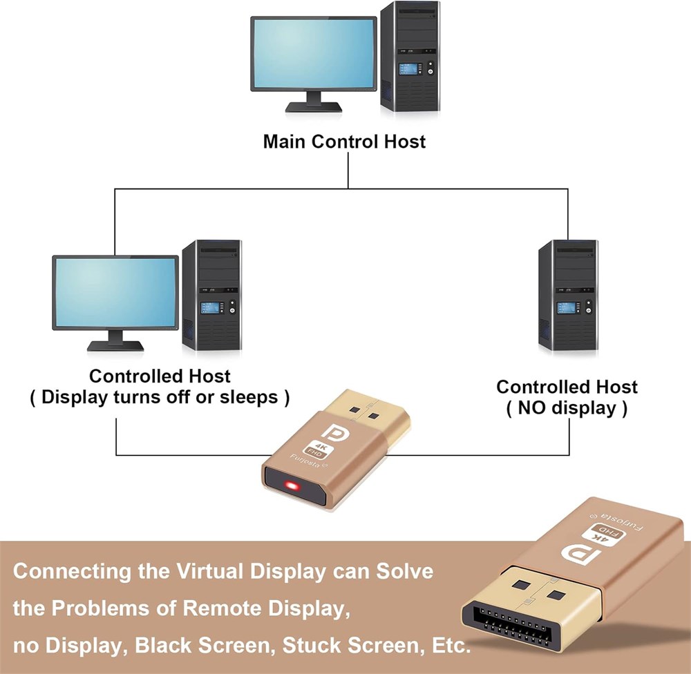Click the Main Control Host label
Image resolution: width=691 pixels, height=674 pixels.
[344, 142]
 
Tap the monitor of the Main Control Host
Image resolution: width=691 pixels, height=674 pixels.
[313, 54]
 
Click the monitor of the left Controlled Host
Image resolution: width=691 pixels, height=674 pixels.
[115, 291]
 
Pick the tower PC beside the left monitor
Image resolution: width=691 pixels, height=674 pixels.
[211, 295]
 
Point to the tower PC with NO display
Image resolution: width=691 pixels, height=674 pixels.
[568, 296]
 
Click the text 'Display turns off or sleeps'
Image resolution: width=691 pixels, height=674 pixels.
[160, 398]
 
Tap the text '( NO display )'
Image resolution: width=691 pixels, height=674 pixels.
[567, 408]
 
